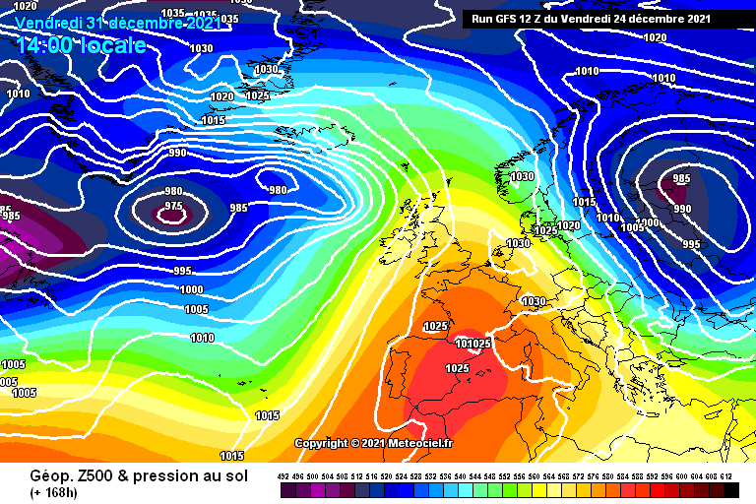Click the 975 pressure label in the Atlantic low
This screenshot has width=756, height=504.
[173, 206]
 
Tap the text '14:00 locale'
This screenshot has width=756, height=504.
[81, 44]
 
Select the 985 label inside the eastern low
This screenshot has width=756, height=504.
[680, 179]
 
